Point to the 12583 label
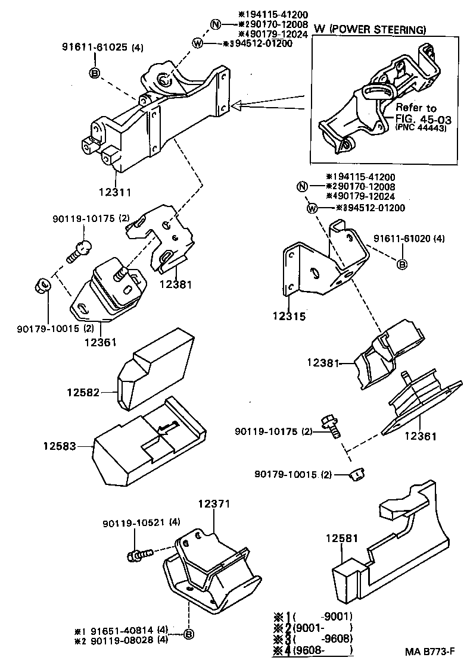(x=60, y=444)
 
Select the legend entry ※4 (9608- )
(x=313, y=650)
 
